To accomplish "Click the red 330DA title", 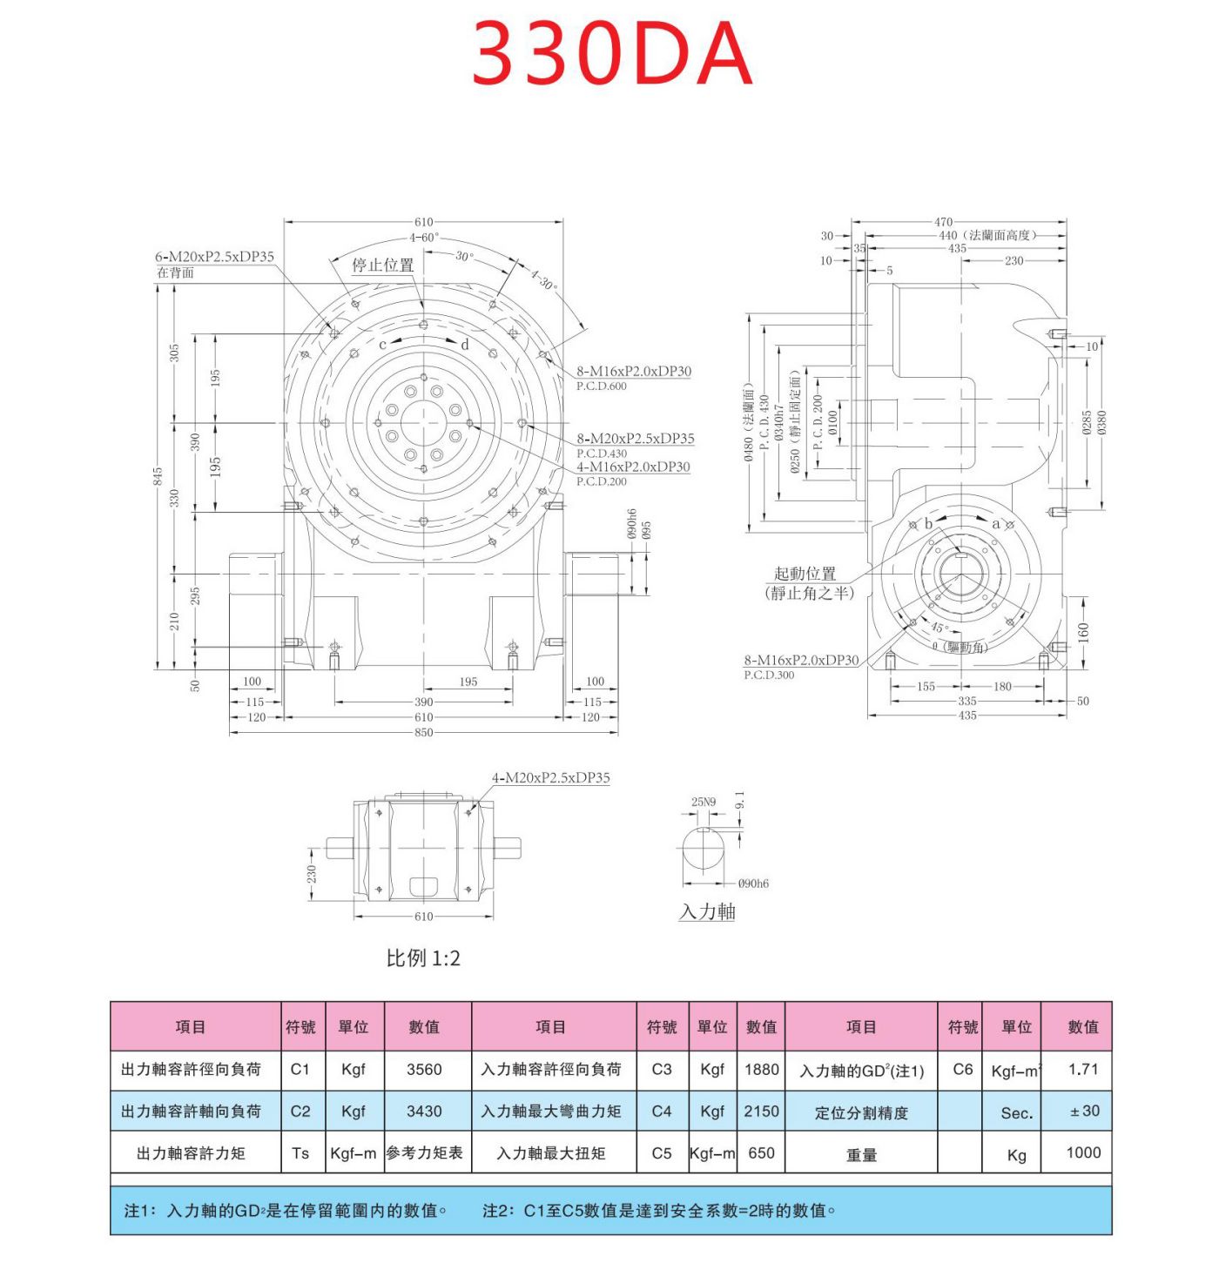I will [x=611, y=54].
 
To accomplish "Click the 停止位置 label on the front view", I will [x=382, y=265].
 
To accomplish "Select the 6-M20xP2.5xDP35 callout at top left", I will [x=214, y=257].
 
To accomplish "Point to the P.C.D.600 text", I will [x=601, y=386].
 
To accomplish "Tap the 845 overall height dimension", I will [x=158, y=476].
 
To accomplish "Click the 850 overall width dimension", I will [x=423, y=732].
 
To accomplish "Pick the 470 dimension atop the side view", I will [x=943, y=222].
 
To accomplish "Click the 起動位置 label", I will [x=805, y=574].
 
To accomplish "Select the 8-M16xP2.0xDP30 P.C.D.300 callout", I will [x=800, y=661].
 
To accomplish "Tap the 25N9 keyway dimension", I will [x=703, y=802].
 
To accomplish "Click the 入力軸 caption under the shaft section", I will [x=707, y=911].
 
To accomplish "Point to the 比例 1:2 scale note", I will [x=423, y=958].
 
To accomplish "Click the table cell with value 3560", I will [x=424, y=1070].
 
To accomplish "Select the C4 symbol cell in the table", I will [x=661, y=1112].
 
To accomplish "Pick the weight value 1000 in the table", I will [x=1082, y=1152].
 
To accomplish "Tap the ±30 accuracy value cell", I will [x=1082, y=1112].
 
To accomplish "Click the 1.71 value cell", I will [x=1082, y=1070].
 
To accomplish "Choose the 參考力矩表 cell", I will [x=424, y=1153].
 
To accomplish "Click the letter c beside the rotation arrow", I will [x=382, y=345].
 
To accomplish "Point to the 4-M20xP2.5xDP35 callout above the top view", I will [x=550, y=777].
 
